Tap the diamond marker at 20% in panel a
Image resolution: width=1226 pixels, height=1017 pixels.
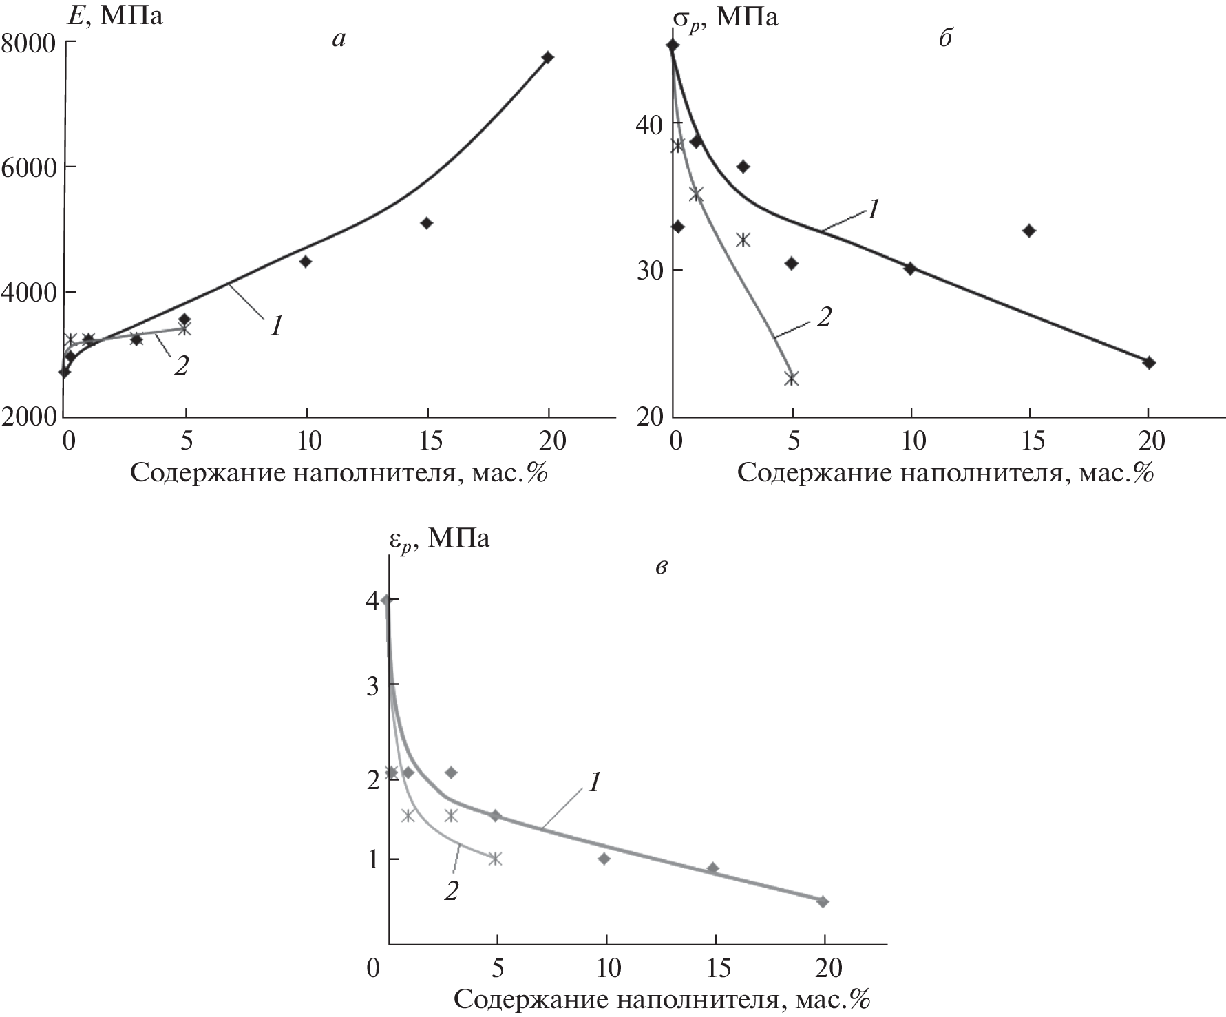click(548, 57)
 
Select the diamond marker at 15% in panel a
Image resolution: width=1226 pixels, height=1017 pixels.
click(427, 223)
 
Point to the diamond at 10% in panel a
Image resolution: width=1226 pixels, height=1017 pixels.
click(306, 262)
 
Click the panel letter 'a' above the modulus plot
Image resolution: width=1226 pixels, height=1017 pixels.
click(338, 39)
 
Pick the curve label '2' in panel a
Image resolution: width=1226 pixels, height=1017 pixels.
click(181, 366)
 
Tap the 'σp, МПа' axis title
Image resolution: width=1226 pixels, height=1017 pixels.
click(726, 17)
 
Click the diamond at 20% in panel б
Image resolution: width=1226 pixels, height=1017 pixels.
click(1149, 363)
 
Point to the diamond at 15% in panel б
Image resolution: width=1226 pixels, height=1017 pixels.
click(1030, 231)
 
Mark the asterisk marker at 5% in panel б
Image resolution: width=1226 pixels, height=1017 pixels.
click(792, 379)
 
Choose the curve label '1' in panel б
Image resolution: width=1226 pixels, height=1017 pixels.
click(871, 209)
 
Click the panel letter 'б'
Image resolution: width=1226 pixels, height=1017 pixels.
click(945, 38)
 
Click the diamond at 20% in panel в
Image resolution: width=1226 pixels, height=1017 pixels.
click(823, 901)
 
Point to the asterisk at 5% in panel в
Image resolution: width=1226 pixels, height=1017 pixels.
click(495, 859)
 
